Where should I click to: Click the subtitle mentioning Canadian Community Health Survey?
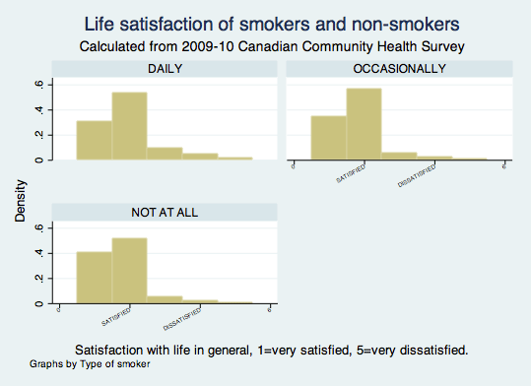(x=265, y=45)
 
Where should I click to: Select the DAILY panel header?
(x=164, y=68)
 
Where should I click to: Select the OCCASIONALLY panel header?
(x=398, y=68)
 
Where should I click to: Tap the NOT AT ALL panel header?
(x=164, y=213)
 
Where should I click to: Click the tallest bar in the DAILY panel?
(x=129, y=125)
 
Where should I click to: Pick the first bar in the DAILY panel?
(x=94, y=140)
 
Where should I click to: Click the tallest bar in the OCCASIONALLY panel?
(x=364, y=123)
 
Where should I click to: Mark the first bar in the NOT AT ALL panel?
(x=94, y=278)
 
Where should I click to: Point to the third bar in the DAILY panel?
(x=165, y=153)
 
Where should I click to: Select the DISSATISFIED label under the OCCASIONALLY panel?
(x=417, y=177)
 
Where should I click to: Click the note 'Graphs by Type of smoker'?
(x=90, y=364)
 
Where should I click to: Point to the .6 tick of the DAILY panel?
(x=38, y=84)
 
